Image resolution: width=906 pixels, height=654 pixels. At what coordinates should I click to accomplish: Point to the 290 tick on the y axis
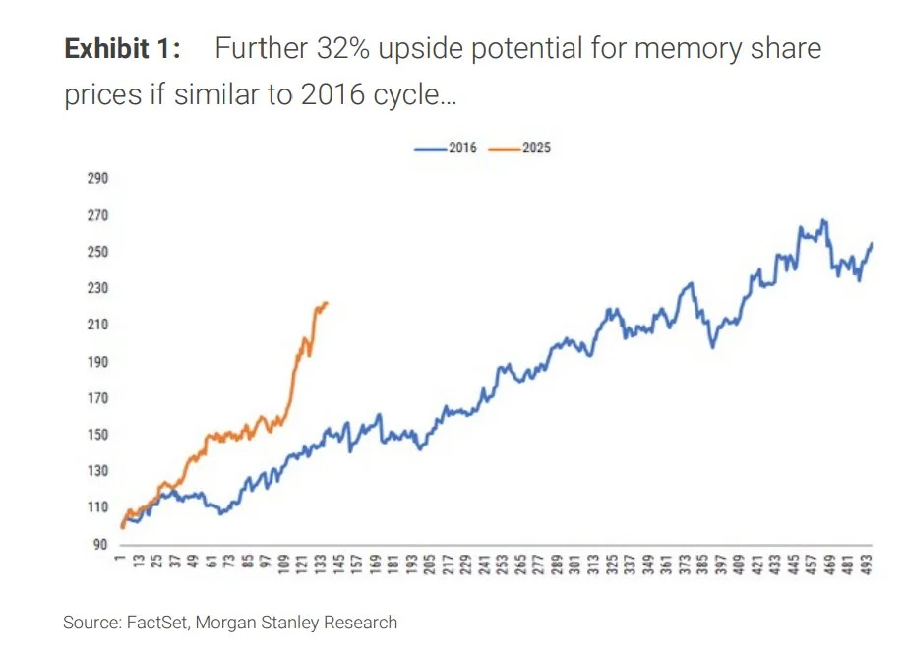pos(96,179)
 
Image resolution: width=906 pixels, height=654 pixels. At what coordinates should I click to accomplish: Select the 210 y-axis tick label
pos(96,326)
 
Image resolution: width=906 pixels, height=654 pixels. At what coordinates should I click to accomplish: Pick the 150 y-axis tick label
pos(96,435)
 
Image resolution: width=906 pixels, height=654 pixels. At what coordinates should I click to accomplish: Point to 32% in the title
pos(340,50)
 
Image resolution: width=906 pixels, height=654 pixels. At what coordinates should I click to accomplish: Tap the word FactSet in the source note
pos(155,623)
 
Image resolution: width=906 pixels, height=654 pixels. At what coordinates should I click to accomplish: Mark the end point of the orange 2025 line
pos(327,303)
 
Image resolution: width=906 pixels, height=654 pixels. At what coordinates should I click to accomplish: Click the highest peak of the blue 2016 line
pos(822,220)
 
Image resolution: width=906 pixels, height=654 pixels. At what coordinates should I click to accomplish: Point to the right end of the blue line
pos(872,243)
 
